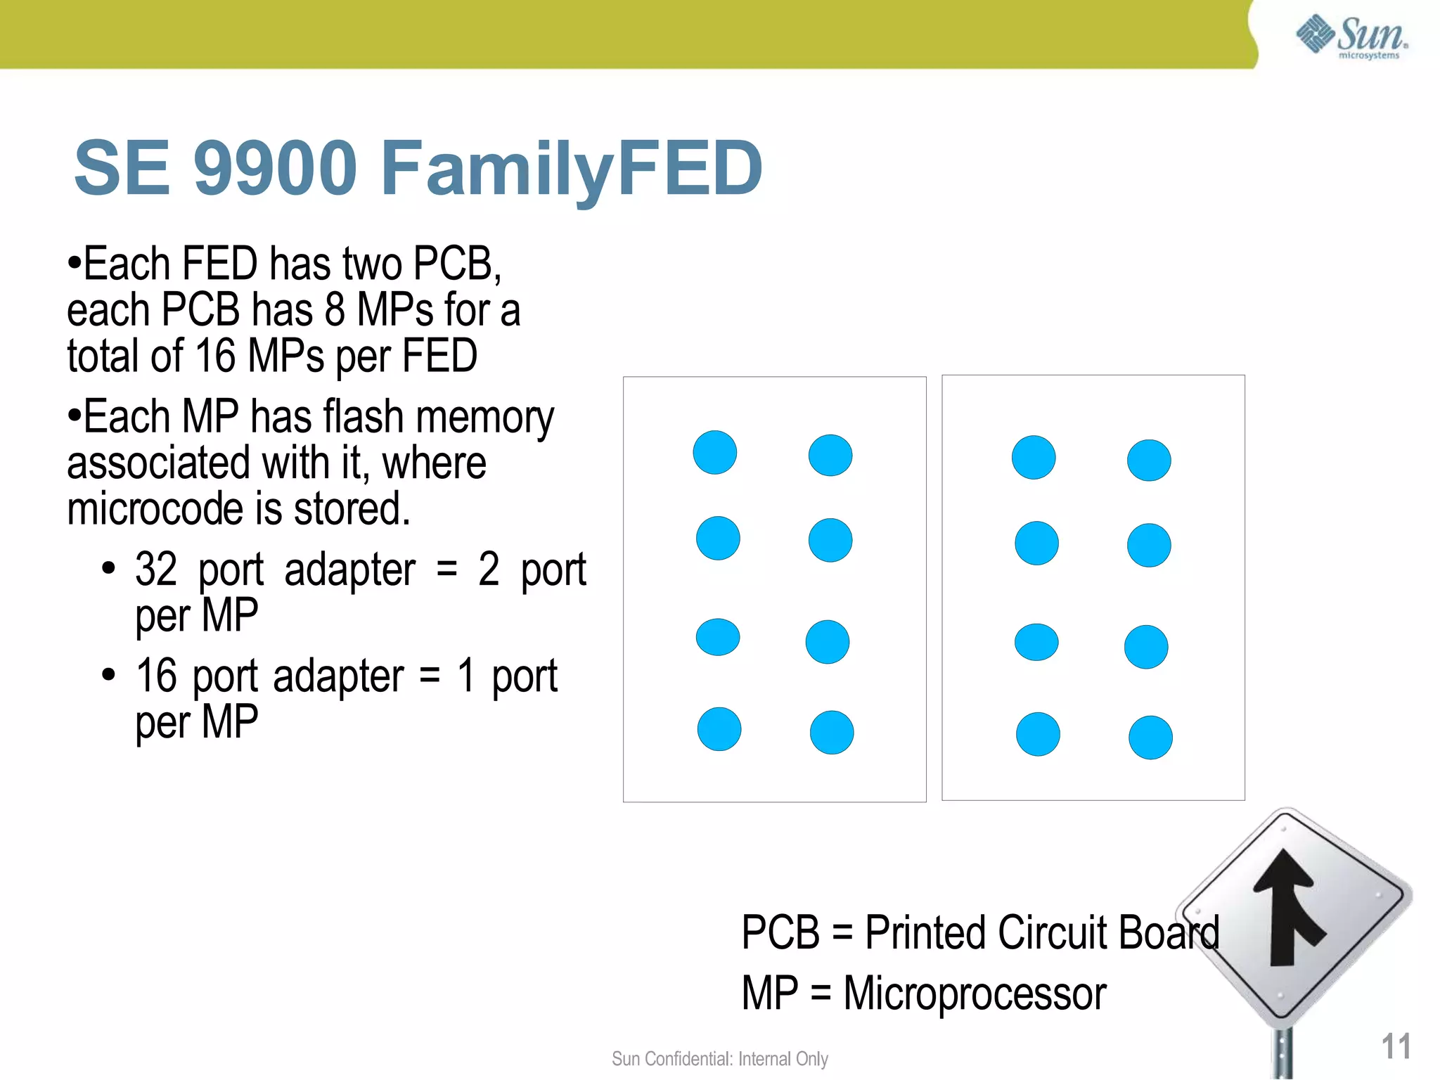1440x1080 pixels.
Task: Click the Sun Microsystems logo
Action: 1351,37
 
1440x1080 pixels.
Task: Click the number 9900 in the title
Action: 276,169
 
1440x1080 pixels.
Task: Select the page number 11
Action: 1396,1046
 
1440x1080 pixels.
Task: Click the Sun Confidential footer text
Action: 719,1058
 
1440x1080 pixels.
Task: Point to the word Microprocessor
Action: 975,994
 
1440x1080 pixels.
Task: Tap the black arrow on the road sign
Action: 1290,907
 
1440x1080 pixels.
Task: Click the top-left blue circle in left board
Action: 714,452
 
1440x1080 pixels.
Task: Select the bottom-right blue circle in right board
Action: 1150,738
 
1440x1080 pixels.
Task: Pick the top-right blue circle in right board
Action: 1149,461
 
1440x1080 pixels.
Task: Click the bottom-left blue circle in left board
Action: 719,729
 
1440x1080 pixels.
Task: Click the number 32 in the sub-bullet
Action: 155,569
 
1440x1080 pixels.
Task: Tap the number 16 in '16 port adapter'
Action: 155,676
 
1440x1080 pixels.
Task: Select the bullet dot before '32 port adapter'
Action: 108,568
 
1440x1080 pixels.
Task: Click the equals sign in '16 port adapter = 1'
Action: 430,676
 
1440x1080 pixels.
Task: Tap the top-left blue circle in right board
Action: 1033,457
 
